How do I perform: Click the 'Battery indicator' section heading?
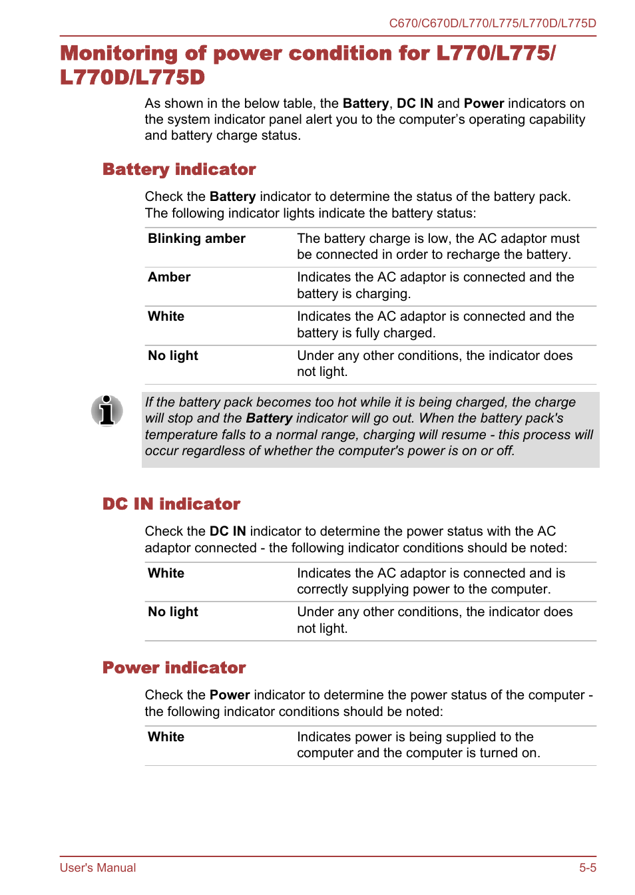(179, 170)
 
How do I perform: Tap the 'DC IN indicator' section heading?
(171, 504)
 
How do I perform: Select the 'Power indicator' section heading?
(174, 668)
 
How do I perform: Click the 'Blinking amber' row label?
(196, 239)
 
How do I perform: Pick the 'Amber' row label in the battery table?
(169, 277)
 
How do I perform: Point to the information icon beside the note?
(106, 410)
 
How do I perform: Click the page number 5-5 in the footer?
(587, 868)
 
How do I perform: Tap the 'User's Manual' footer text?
(98, 868)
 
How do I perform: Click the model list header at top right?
(492, 23)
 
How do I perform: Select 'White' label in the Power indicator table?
(166, 737)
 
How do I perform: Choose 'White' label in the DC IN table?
(166, 574)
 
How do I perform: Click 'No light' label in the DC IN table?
(173, 612)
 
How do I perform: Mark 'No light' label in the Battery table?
(173, 356)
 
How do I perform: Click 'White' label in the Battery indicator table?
(166, 317)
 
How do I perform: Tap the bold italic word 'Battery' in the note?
(269, 419)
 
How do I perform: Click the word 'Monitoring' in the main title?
(119, 54)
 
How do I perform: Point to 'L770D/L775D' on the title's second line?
(132, 78)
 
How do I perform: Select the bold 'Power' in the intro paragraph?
(484, 104)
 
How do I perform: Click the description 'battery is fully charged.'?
(366, 333)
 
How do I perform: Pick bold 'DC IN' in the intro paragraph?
(415, 104)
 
